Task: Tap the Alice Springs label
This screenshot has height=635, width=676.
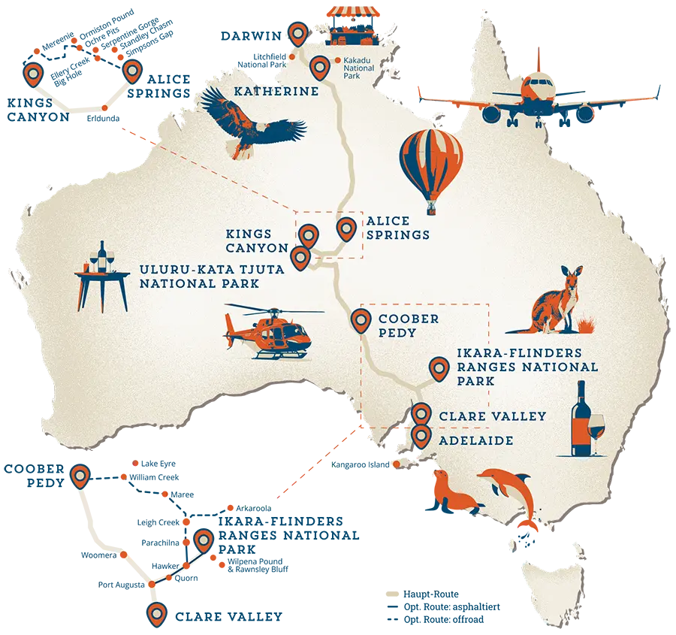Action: click(397, 228)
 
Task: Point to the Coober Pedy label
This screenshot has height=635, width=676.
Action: click(409, 324)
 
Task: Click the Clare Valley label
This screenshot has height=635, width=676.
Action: click(492, 416)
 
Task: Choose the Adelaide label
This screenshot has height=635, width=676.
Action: click(475, 440)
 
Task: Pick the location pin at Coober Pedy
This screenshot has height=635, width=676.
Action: click(361, 319)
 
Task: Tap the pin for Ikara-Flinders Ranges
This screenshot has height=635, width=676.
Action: click(438, 368)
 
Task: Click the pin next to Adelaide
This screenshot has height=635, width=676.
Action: click(421, 436)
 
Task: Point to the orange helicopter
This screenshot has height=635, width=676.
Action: click(270, 331)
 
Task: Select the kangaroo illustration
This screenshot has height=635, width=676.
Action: click(557, 301)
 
